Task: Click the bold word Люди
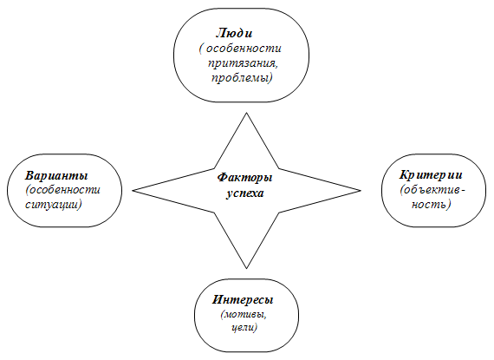coord(234,33)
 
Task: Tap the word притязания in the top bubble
coord(243,63)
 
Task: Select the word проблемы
coord(242,77)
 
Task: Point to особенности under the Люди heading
coord(244,49)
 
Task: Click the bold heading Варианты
coord(56,175)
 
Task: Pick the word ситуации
coord(53,205)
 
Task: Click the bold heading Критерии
coord(431,174)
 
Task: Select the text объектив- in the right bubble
coord(432,190)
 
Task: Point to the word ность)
coord(432,205)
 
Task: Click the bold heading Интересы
coord(243,299)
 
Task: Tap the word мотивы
coord(244,315)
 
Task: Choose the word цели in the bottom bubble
coord(244,328)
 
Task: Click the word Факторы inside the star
coord(244,177)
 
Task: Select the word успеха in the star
coord(244,193)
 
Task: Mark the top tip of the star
coord(247,113)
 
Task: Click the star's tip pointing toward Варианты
coord(133,190)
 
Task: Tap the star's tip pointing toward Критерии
coord(361,190)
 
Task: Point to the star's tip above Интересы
coord(247,269)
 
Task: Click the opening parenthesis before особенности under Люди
coord(201,49)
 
